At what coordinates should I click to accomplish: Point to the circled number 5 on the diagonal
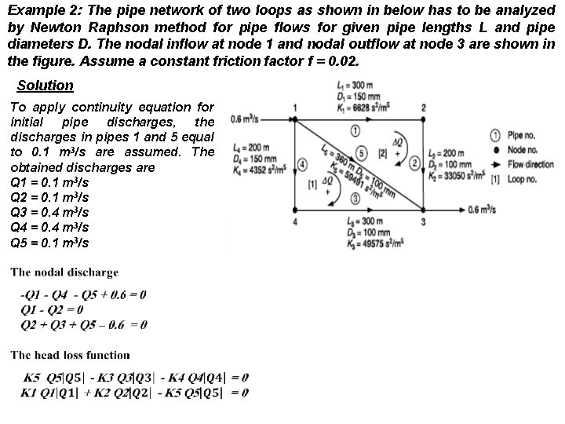click(361, 152)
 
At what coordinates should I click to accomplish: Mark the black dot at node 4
click(294, 210)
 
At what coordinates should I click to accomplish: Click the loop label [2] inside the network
click(383, 152)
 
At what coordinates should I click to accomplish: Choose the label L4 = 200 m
click(251, 147)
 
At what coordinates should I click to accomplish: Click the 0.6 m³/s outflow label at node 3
click(483, 210)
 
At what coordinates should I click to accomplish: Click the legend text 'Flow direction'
click(530, 164)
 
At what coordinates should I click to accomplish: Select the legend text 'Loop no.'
click(522, 179)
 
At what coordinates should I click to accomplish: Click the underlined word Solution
click(45, 86)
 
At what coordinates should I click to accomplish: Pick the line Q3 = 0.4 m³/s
click(49, 212)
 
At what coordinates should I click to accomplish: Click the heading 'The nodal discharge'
click(64, 272)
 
